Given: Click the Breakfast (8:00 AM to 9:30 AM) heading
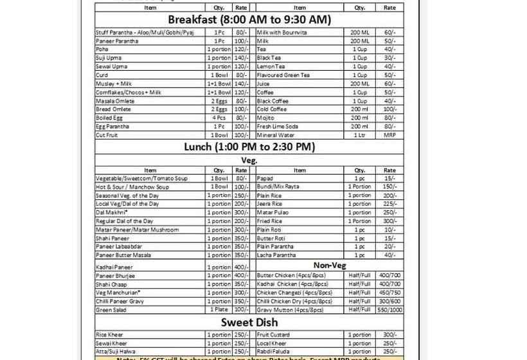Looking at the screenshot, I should point(249,19).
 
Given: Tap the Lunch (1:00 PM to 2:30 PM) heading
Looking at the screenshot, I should point(249,147).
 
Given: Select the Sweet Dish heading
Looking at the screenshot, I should point(249,322).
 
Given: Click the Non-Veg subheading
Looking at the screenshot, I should point(330,265).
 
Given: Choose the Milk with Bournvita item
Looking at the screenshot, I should point(281,32).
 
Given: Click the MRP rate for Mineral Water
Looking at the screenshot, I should point(389,135).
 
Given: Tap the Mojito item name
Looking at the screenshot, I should point(265,118).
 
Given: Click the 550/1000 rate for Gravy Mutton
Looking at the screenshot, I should point(389,310).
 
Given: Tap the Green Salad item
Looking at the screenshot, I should point(111,310).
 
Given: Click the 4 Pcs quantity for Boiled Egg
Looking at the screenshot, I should point(219,118).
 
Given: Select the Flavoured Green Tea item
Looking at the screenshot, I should point(283,75).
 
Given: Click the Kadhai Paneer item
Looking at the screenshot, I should point(114,267).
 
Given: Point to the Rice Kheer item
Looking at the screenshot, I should point(109,335).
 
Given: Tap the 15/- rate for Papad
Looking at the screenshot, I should point(389,179).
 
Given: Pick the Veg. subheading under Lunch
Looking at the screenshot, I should point(249,160).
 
